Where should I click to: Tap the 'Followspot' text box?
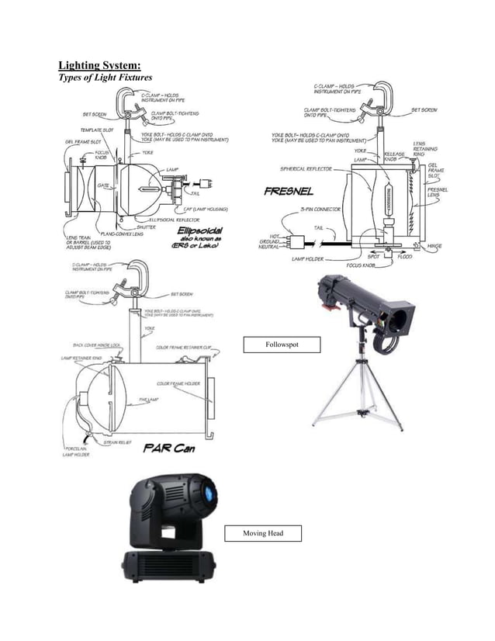281,345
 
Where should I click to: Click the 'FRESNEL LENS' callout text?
439,193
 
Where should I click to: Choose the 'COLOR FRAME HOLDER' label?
178,384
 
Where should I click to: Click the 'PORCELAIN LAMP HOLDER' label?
77,452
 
